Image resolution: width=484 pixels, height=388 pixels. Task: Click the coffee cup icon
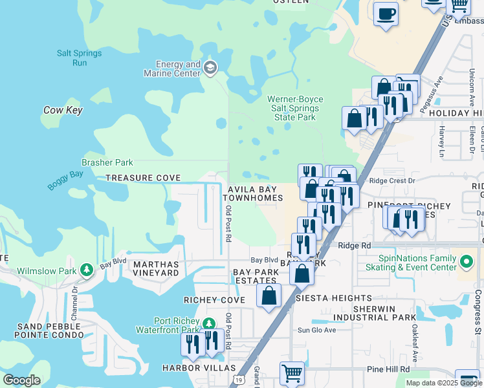pyautogui.click(x=386, y=14)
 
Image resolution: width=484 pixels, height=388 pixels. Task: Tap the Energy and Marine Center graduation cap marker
pyautogui.click(x=210, y=68)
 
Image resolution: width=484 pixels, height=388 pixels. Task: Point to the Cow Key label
pyautogui.click(x=63, y=111)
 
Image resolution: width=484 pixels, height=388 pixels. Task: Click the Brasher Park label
pyautogui.click(x=107, y=163)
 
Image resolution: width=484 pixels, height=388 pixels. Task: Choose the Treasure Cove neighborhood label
pyautogui.click(x=142, y=178)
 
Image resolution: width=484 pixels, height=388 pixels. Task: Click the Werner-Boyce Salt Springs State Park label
pyautogui.click(x=295, y=108)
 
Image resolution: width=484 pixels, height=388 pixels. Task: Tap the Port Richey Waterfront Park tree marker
pyautogui.click(x=208, y=323)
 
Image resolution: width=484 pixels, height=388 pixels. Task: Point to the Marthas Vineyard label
pyautogui.click(x=155, y=269)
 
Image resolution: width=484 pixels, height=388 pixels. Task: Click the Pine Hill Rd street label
pyautogui.click(x=388, y=369)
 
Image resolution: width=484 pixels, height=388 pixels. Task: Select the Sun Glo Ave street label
pyautogui.click(x=316, y=330)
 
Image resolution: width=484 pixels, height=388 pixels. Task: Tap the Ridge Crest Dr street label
pyautogui.click(x=394, y=181)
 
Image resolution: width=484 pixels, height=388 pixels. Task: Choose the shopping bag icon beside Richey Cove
pyautogui.click(x=269, y=296)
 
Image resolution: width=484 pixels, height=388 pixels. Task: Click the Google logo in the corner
pyautogui.click(x=21, y=380)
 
